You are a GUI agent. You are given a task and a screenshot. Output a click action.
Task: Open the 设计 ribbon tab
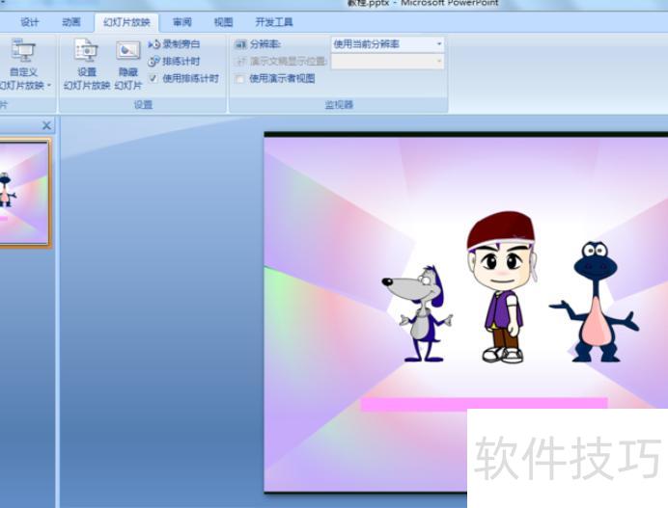(x=30, y=22)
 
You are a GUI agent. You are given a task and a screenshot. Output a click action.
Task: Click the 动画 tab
(x=71, y=22)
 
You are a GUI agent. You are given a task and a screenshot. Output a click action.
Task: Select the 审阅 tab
(x=181, y=22)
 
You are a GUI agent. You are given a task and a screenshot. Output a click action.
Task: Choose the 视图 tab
(x=223, y=22)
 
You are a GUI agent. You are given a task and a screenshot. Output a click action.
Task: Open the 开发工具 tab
(x=274, y=22)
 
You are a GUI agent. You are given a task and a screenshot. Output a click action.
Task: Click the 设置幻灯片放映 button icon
(x=86, y=51)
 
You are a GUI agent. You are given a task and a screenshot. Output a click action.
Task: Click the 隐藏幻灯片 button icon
(x=128, y=51)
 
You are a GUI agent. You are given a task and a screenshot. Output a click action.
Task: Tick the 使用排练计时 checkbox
(x=153, y=78)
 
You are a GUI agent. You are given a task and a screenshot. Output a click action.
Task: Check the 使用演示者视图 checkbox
(x=240, y=78)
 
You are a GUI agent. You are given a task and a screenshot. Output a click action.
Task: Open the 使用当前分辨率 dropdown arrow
(x=439, y=44)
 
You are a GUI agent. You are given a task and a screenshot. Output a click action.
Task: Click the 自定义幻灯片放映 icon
(x=21, y=51)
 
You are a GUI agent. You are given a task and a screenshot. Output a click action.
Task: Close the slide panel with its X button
(x=47, y=125)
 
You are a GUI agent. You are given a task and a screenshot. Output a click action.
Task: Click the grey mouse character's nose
(x=387, y=283)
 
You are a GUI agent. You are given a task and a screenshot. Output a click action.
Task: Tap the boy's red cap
(x=500, y=230)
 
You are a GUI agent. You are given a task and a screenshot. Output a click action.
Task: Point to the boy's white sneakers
(x=503, y=355)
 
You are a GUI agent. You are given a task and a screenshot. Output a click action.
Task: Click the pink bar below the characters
(x=484, y=404)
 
